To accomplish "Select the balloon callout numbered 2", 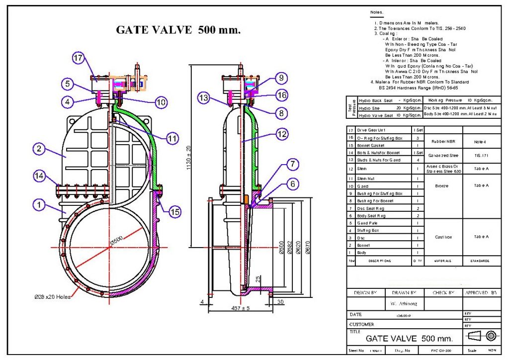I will click(x=38, y=148).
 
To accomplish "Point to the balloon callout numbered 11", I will click(x=171, y=139).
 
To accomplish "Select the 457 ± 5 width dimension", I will click(x=240, y=309).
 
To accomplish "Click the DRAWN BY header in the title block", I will click(x=404, y=293).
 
